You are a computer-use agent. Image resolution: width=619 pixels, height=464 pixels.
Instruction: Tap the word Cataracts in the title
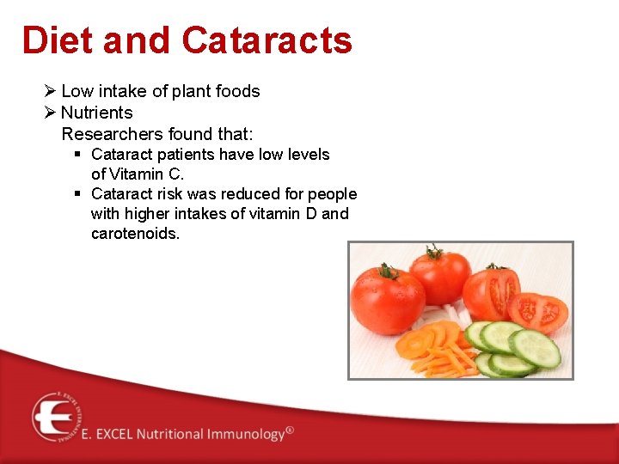coord(267,40)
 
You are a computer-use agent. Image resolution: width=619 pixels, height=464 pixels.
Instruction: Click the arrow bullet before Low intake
coord(50,91)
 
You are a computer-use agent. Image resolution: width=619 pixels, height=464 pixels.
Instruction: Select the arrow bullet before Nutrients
coord(50,113)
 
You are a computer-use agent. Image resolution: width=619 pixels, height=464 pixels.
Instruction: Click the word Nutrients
coord(97,113)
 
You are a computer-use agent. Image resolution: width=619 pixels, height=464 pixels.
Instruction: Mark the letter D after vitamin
coord(309,214)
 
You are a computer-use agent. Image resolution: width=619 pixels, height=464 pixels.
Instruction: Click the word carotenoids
coord(135,234)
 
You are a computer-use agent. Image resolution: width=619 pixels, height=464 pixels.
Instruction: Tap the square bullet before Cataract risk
coord(77,194)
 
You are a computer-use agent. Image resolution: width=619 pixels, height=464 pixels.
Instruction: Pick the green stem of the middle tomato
coord(434,253)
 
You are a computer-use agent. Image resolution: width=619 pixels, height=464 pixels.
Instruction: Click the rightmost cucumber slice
coord(535,347)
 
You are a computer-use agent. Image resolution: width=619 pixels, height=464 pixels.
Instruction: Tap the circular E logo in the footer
coord(57,417)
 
